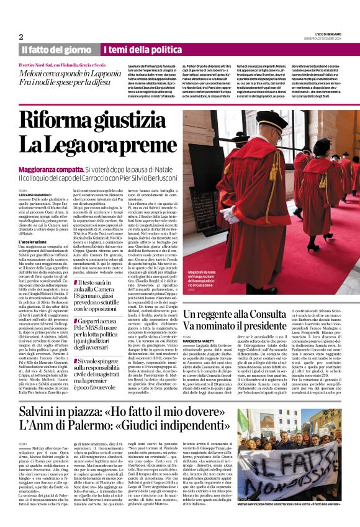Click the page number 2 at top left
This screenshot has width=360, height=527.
[20, 37]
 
